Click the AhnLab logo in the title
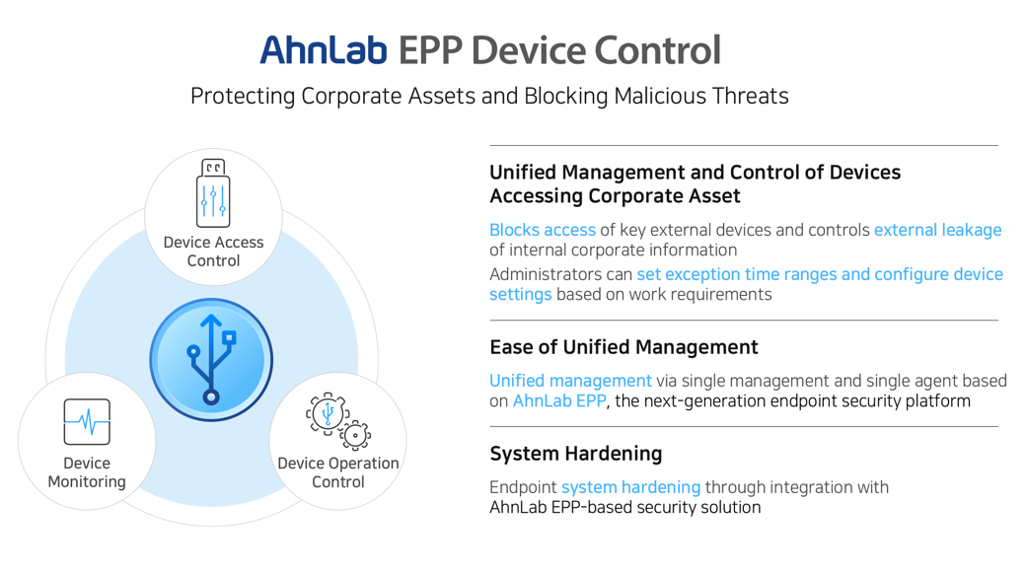click(x=323, y=49)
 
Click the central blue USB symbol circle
click(x=211, y=360)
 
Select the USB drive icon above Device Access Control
click(x=213, y=193)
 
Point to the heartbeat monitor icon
click(x=87, y=422)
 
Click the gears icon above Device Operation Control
click(x=337, y=421)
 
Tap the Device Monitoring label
click(x=87, y=472)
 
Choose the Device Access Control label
click(x=213, y=252)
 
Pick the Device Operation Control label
click(x=338, y=472)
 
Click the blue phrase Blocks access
click(x=543, y=230)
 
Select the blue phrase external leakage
click(x=937, y=230)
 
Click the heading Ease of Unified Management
click(x=623, y=347)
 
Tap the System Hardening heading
click(x=576, y=454)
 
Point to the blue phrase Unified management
click(x=570, y=381)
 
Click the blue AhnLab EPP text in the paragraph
click(x=559, y=401)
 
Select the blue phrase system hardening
click(x=630, y=487)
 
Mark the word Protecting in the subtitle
click(x=243, y=97)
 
